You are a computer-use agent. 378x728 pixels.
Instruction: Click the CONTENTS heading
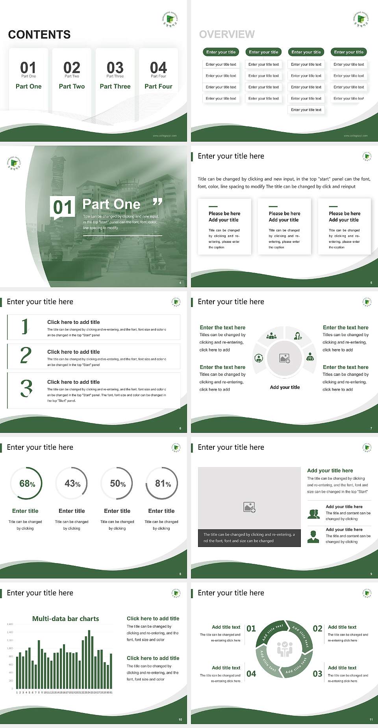(39, 35)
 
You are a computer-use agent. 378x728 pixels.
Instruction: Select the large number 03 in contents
(115, 68)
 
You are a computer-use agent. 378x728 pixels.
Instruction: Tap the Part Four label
(158, 86)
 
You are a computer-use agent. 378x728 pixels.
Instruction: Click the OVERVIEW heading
(227, 35)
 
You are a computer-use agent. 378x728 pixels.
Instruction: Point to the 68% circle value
(27, 484)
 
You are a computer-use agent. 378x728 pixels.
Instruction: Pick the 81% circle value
(163, 484)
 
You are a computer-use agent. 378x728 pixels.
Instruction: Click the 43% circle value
(72, 484)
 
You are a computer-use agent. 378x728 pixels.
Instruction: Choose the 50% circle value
(118, 484)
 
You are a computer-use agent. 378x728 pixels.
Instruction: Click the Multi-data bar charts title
(65, 619)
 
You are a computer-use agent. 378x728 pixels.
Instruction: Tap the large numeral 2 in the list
(26, 355)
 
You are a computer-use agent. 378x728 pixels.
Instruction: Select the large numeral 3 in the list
(26, 388)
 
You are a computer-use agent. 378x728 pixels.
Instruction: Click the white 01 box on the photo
(63, 207)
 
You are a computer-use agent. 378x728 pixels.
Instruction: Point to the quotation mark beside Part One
(157, 202)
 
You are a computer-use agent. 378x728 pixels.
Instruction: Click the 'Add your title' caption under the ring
(285, 387)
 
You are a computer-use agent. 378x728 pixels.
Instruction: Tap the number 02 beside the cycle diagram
(317, 628)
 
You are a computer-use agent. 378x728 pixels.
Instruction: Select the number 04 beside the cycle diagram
(251, 674)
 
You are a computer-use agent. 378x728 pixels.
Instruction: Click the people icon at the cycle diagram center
(285, 649)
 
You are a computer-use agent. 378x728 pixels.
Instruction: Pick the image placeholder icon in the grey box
(249, 507)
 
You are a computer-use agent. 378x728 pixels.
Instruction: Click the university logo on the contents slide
(170, 18)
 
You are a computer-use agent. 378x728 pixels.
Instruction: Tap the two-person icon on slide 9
(313, 514)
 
